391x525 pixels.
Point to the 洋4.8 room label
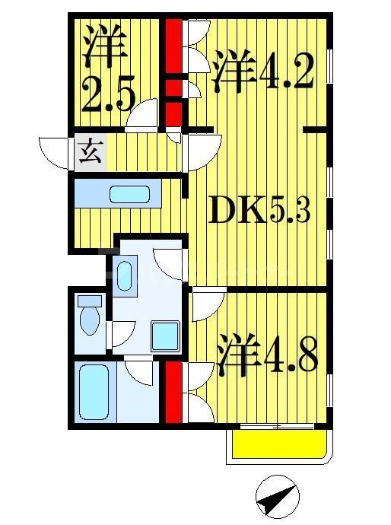(265, 354)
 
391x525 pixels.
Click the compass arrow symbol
(276, 498)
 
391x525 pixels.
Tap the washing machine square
(165, 335)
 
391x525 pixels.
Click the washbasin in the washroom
(125, 271)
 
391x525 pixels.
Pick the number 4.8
(288, 357)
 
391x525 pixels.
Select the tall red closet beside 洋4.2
(174, 46)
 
